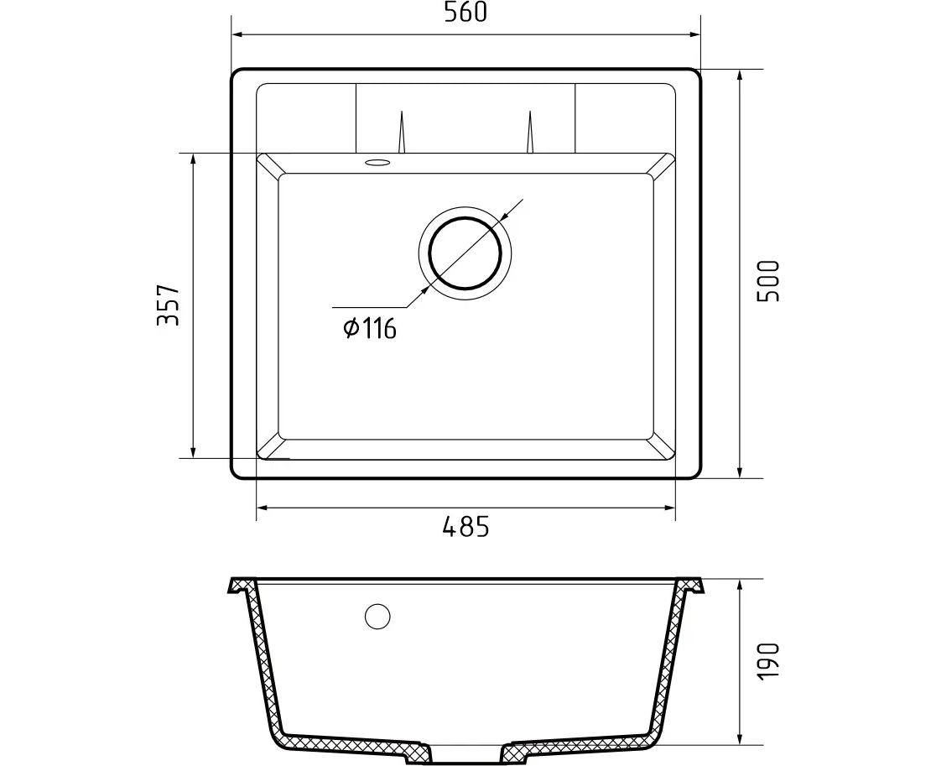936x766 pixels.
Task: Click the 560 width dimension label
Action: (x=465, y=13)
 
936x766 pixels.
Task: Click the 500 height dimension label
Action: (x=769, y=280)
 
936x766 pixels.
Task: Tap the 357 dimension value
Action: (x=168, y=305)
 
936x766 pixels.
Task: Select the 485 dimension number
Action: (x=465, y=527)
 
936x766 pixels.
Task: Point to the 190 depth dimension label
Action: (x=769, y=660)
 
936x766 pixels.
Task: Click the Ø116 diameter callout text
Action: (x=370, y=328)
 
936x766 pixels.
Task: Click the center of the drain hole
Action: (x=465, y=253)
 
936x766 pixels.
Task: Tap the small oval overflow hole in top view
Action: (x=377, y=162)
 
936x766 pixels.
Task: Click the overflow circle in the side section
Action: (x=377, y=616)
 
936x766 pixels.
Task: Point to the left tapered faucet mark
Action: (x=402, y=132)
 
